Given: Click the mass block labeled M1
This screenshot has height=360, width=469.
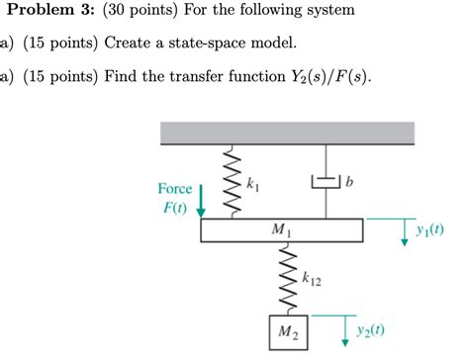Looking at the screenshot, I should point(281,230).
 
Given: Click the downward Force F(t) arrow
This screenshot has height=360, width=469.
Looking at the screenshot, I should point(202,200).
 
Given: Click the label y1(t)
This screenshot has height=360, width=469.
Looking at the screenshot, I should point(429,230).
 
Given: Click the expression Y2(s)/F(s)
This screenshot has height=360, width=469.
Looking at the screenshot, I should point(325,78).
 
